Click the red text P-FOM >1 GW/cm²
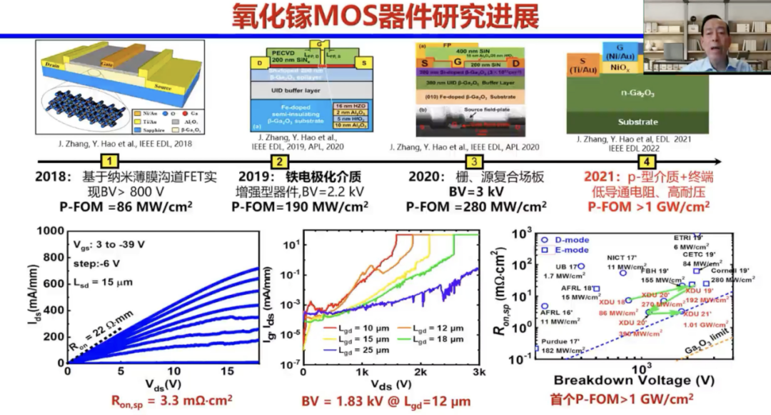(648, 207)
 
